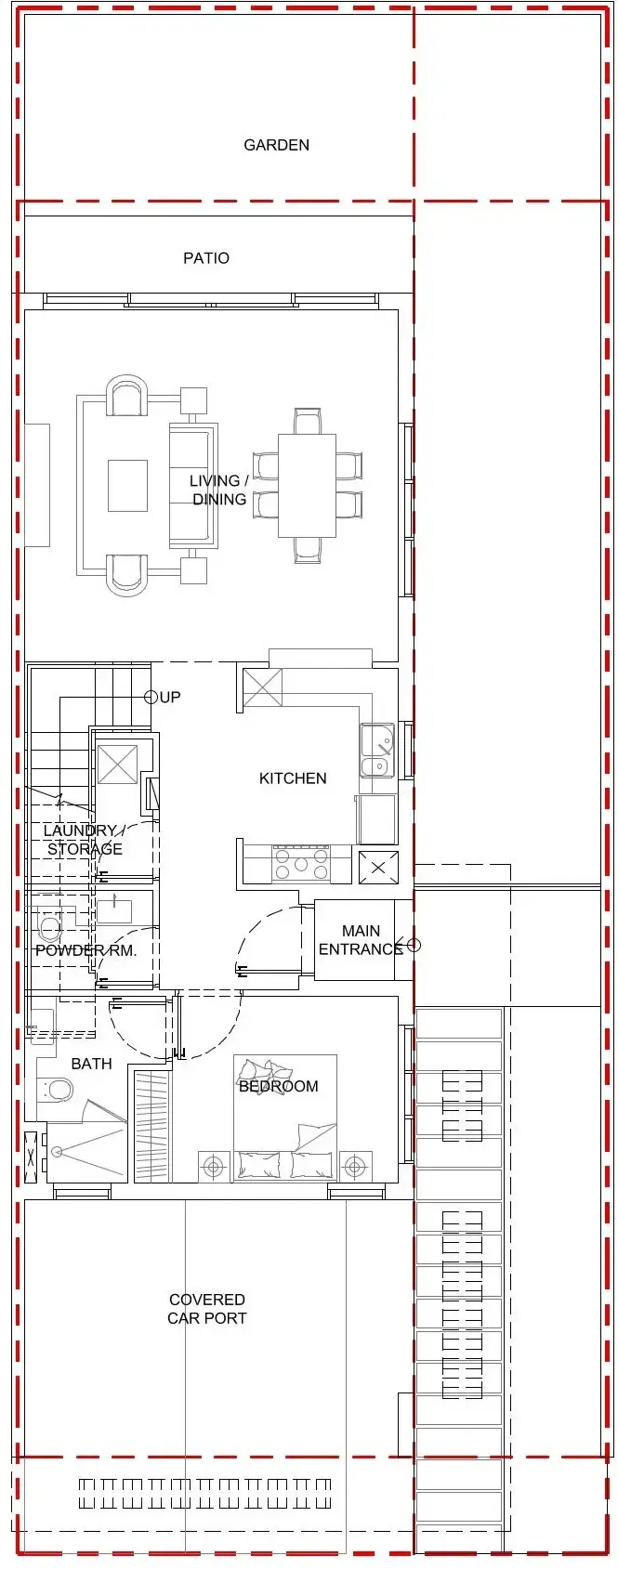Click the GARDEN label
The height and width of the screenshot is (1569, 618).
(x=276, y=145)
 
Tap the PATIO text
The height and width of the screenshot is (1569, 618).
(x=206, y=258)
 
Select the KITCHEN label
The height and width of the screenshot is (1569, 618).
(x=293, y=778)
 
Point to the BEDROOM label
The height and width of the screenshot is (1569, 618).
(x=278, y=1086)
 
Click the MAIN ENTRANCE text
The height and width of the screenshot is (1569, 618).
(x=360, y=940)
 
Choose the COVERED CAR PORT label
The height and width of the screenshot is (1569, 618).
(x=207, y=1309)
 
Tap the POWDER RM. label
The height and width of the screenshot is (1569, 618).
(x=85, y=950)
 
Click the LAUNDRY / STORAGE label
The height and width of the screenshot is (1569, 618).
(x=84, y=840)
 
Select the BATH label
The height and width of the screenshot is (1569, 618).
(x=91, y=1064)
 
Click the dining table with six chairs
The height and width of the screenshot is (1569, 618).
(x=307, y=486)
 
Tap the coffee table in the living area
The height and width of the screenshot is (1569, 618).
(x=127, y=486)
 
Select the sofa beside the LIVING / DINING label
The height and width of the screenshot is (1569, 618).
(x=192, y=486)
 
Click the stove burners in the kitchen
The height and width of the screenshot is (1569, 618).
(x=300, y=865)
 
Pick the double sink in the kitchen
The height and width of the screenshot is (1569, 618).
(x=376, y=752)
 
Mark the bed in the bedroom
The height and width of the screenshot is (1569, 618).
(x=284, y=1119)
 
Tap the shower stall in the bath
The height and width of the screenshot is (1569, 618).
(x=86, y=1151)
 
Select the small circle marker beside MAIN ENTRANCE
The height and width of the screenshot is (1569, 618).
(x=414, y=946)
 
